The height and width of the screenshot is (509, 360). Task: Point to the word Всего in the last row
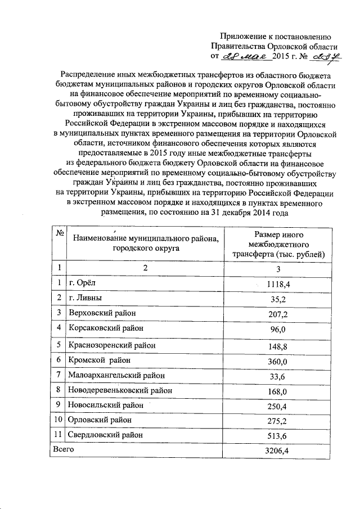pyautogui.click(x=62, y=449)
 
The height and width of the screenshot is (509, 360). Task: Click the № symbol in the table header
pyautogui.click(x=58, y=233)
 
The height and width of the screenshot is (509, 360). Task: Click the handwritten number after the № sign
pyautogui.click(x=326, y=56)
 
